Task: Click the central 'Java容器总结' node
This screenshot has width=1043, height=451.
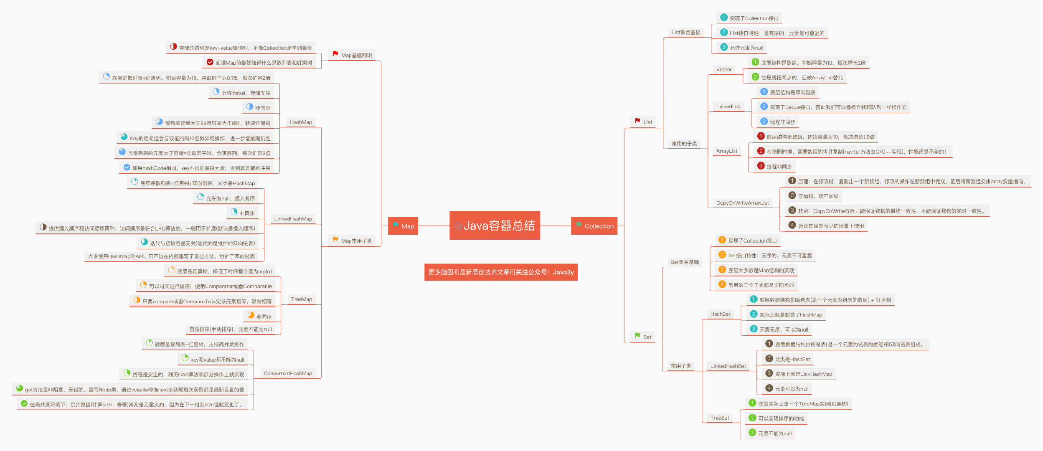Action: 495,225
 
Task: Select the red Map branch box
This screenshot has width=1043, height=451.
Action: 403,226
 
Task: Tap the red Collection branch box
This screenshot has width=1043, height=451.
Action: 594,226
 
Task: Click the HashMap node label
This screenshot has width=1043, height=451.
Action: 301,122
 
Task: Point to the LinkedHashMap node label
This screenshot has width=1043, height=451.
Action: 293,219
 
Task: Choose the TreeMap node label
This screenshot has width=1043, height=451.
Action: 301,299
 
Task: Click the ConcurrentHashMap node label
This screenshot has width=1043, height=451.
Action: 288,373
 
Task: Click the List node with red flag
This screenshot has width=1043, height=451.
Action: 643,122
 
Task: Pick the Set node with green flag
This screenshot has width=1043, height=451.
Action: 643,337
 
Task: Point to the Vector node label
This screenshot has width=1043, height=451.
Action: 724,70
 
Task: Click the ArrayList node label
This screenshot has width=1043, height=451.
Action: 727,151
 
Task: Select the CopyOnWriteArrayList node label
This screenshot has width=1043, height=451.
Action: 742,203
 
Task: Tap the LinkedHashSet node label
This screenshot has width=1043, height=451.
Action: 728,366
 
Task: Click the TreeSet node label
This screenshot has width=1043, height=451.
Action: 720,418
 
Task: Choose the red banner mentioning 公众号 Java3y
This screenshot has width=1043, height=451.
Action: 501,272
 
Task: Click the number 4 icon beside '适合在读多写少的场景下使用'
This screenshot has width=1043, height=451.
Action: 792,225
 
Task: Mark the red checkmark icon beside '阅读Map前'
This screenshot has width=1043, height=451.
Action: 210,62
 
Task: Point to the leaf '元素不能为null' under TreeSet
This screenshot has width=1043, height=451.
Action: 774,433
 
